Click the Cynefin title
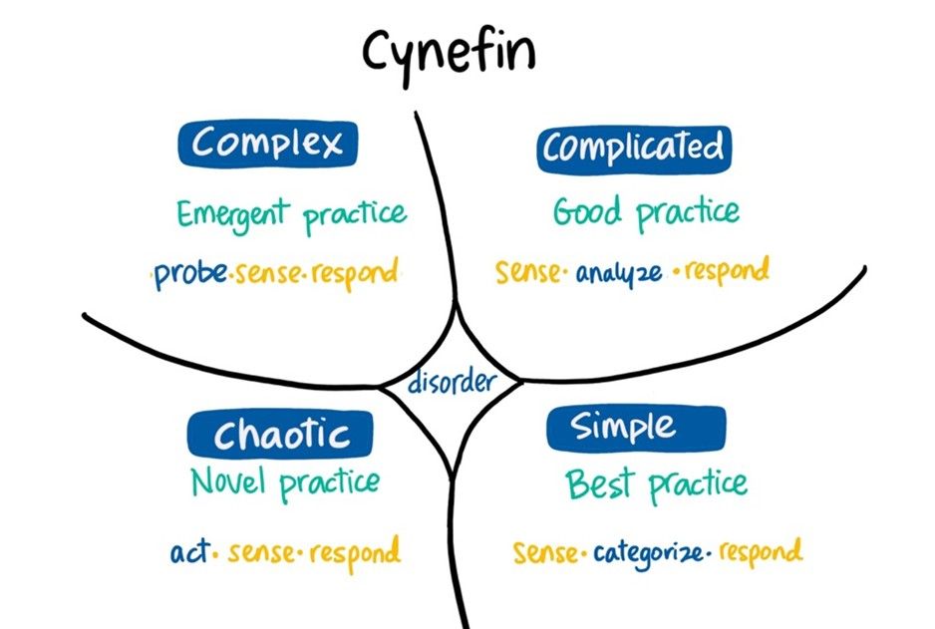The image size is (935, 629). tap(448, 52)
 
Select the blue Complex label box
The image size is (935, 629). tap(268, 144)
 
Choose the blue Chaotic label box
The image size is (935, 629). tap(281, 434)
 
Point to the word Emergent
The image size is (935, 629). tap(233, 212)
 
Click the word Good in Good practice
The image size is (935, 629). tap(588, 211)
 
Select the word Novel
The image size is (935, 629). tap(229, 483)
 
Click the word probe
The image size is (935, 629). tap(190, 273)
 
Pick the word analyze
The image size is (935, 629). tap(618, 272)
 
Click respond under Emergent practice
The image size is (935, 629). tap(356, 272)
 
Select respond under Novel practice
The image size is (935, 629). tap(355, 550)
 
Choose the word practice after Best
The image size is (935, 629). tap(698, 486)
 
